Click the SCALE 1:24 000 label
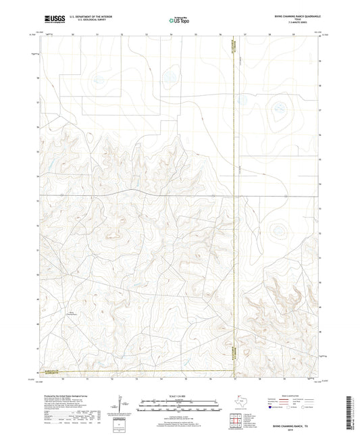[179, 396]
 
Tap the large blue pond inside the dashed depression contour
[277, 105]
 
